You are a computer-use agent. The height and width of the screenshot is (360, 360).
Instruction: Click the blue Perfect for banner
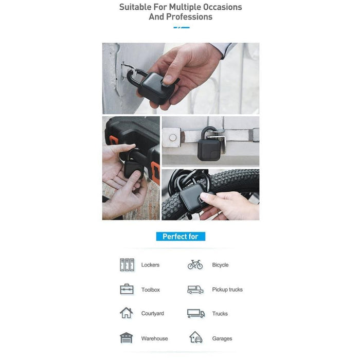(x=180, y=237)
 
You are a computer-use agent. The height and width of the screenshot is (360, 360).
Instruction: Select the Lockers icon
(x=127, y=265)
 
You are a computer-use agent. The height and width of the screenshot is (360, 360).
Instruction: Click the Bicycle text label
(x=220, y=265)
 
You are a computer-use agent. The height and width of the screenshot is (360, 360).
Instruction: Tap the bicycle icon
(x=195, y=265)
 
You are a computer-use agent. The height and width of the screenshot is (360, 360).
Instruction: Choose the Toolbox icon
(x=127, y=290)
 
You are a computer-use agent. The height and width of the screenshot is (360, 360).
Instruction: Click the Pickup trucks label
(x=227, y=290)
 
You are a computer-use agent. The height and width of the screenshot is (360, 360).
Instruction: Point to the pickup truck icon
(x=195, y=290)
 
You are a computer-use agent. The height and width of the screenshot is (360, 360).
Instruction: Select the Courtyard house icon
(x=127, y=313)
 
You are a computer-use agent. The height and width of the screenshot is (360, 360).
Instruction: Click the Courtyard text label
(x=152, y=313)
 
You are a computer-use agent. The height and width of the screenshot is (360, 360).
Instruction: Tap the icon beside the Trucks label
(x=195, y=313)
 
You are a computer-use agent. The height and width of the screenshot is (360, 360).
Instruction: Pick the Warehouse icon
(x=127, y=338)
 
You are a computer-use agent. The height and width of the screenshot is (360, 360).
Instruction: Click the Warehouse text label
(x=154, y=338)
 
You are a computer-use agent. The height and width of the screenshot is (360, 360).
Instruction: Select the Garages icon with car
(x=195, y=337)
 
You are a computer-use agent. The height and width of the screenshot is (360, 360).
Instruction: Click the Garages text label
(x=222, y=338)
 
